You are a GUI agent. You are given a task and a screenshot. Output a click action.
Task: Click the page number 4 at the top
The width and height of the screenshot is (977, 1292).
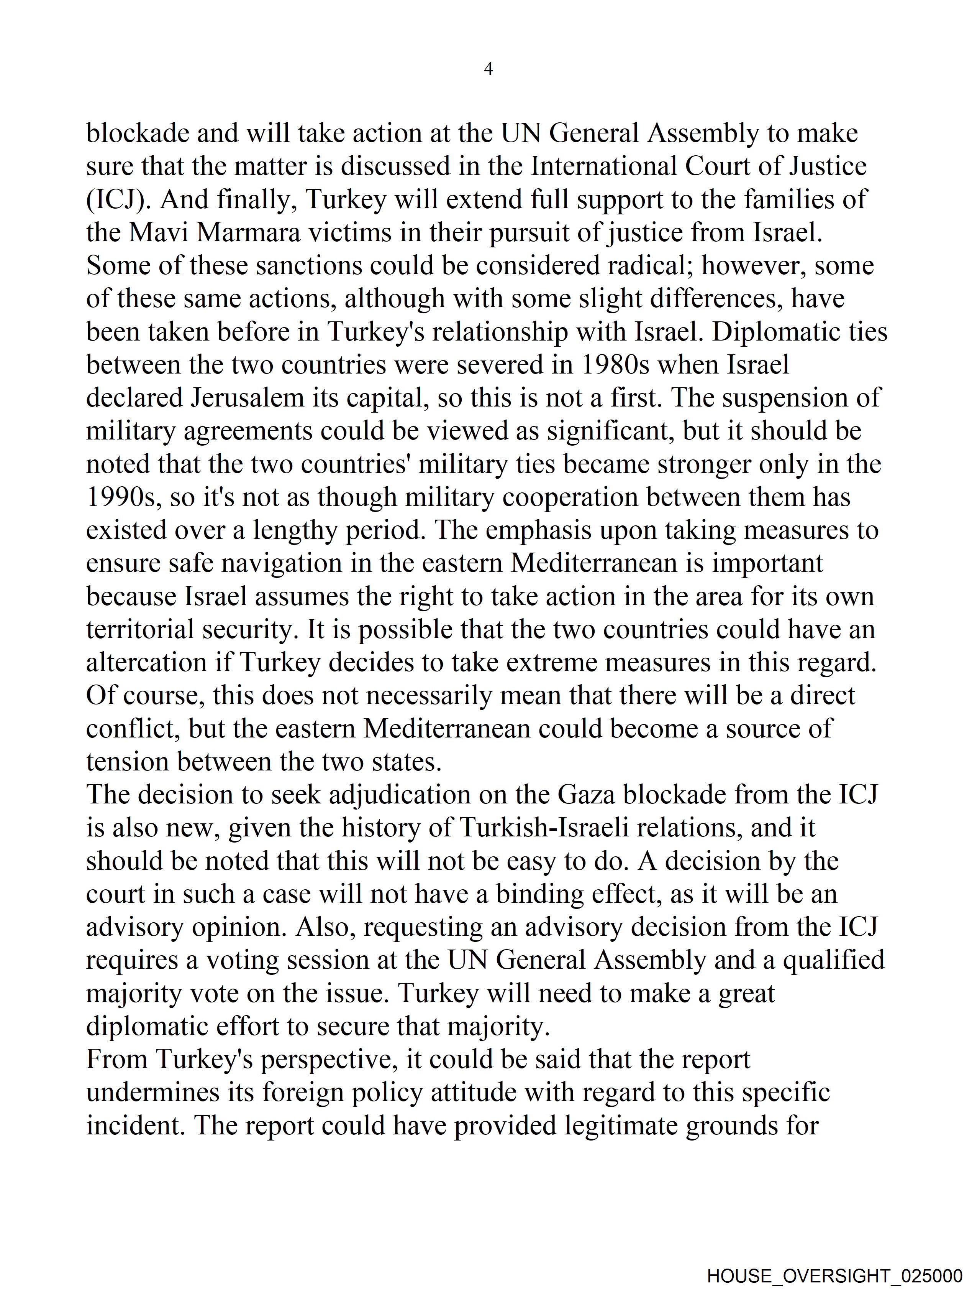pos(488,69)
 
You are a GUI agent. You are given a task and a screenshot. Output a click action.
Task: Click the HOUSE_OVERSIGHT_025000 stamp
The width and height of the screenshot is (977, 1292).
pos(834,1276)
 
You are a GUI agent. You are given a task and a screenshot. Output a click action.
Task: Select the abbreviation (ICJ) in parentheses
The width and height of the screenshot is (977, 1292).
pos(119,200)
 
